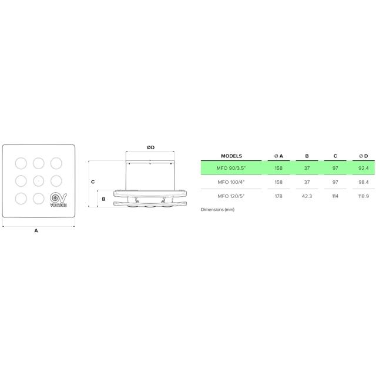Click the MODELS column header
coord(231,156)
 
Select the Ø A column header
coord(278,156)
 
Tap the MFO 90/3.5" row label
coord(231,168)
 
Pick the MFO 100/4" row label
coord(231,182)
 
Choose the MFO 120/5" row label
coord(231,196)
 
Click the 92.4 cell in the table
coord(364,168)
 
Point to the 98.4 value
coord(364,182)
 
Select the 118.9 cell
coord(364,196)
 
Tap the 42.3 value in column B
coord(307,196)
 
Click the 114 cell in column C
coord(335,196)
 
